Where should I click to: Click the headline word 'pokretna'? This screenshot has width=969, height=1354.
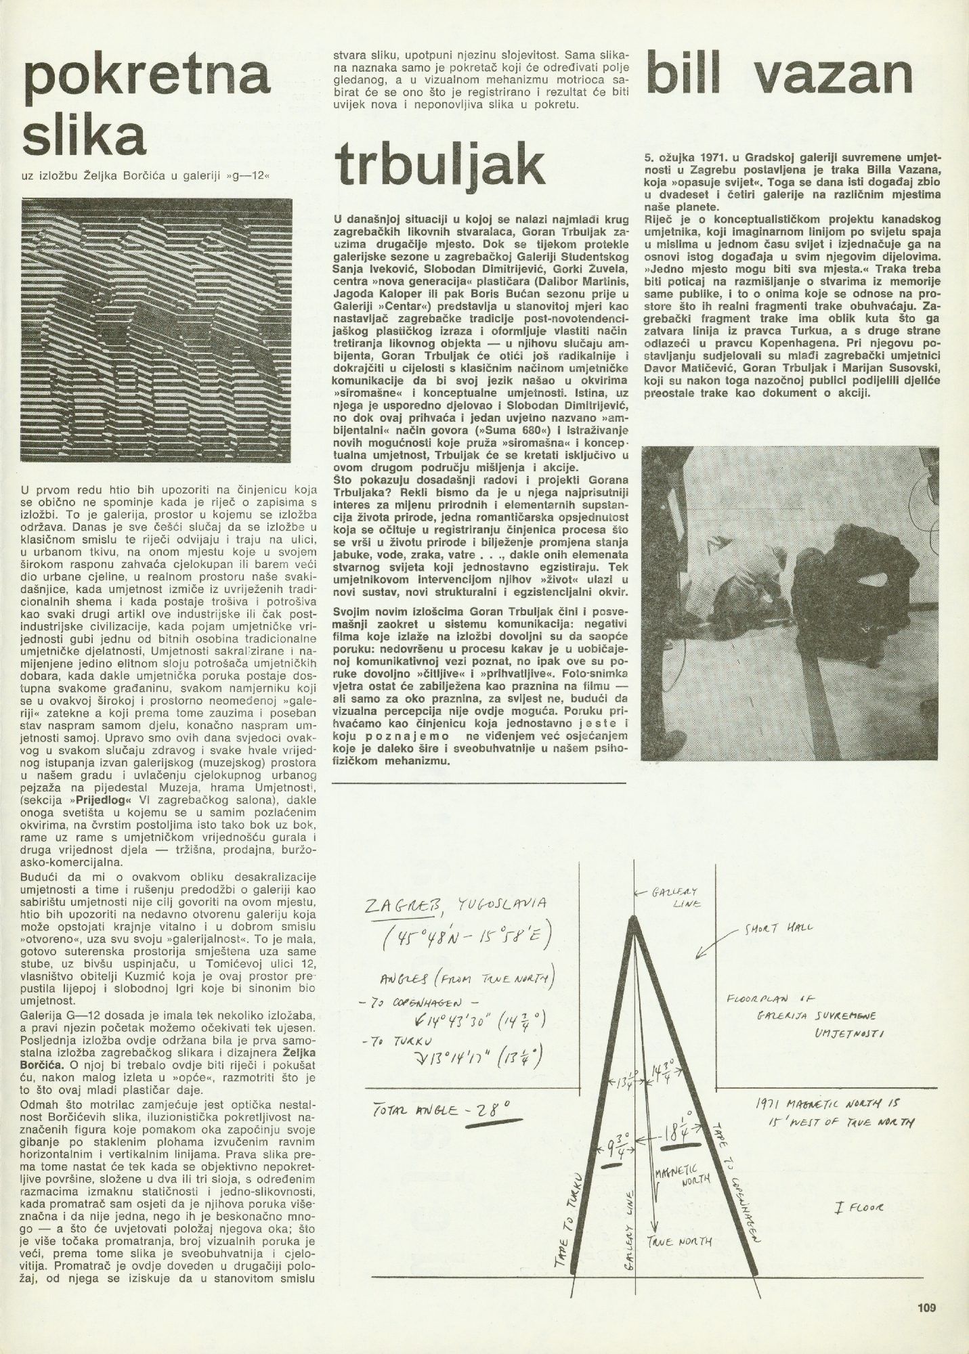(x=146, y=79)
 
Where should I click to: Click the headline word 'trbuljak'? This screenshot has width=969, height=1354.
(x=440, y=162)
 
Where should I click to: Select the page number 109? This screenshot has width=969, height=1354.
(x=926, y=1308)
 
